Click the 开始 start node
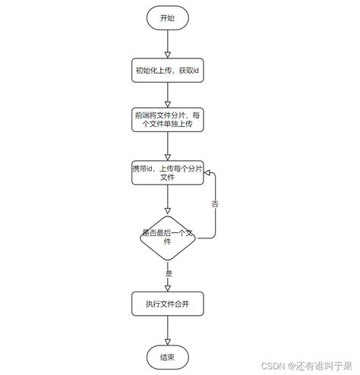pos(167,17)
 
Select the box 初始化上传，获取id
pos(167,71)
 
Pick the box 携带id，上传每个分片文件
pos(167,172)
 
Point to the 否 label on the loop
pos(215,203)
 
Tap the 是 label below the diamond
pos(169,273)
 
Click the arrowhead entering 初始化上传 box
pos(167,54)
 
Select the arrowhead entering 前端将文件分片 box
pos(167,102)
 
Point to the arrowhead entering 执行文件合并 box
pos(167,287)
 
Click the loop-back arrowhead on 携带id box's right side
pos(209,173)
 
